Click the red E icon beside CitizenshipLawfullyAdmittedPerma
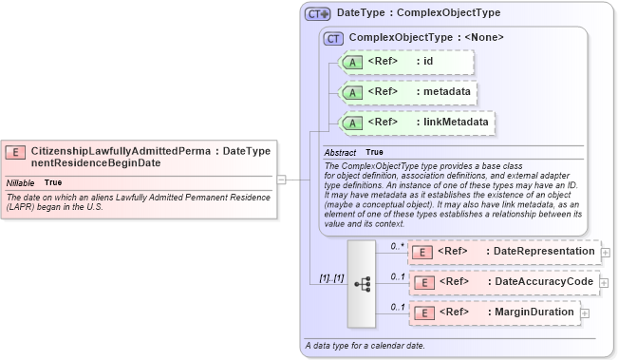[16, 152]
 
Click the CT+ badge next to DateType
[318, 14]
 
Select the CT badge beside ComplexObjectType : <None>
[333, 38]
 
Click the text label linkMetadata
[456, 123]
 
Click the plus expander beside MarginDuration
[584, 313]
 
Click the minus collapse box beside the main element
[282, 177]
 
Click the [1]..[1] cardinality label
[331, 277]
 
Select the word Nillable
[21, 181]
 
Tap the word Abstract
[340, 152]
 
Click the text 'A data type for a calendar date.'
[364, 345]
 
